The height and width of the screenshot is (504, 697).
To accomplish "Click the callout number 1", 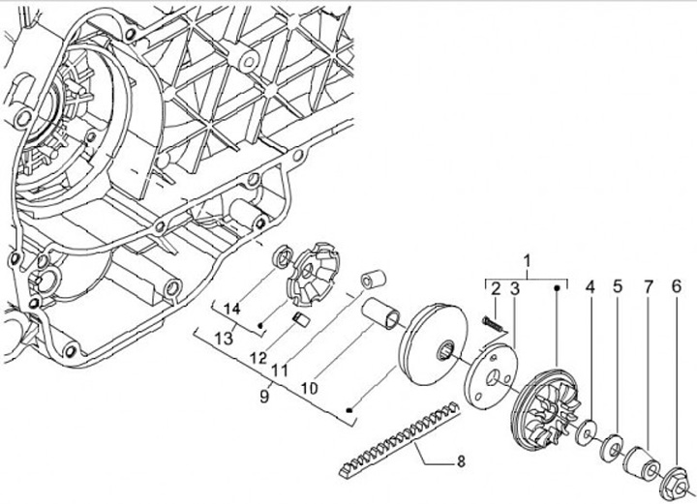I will click(x=528, y=261).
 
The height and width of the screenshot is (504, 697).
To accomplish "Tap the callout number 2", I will click(x=495, y=288).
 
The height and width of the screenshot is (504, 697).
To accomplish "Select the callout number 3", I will click(x=515, y=288).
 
